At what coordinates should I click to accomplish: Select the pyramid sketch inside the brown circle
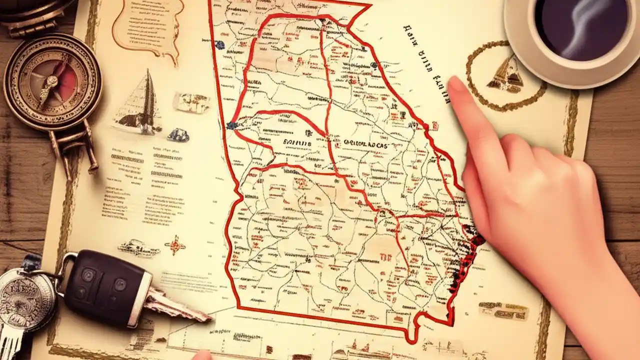(x=505, y=74)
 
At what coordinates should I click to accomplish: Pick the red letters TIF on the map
(x=385, y=257)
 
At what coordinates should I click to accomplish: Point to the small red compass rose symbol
(x=175, y=245)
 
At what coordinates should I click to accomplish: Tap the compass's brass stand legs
(x=75, y=145)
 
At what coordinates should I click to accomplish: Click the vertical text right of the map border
(x=425, y=60)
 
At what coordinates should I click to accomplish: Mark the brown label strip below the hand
(x=502, y=310)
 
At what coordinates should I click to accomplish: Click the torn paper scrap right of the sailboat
(x=191, y=102)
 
